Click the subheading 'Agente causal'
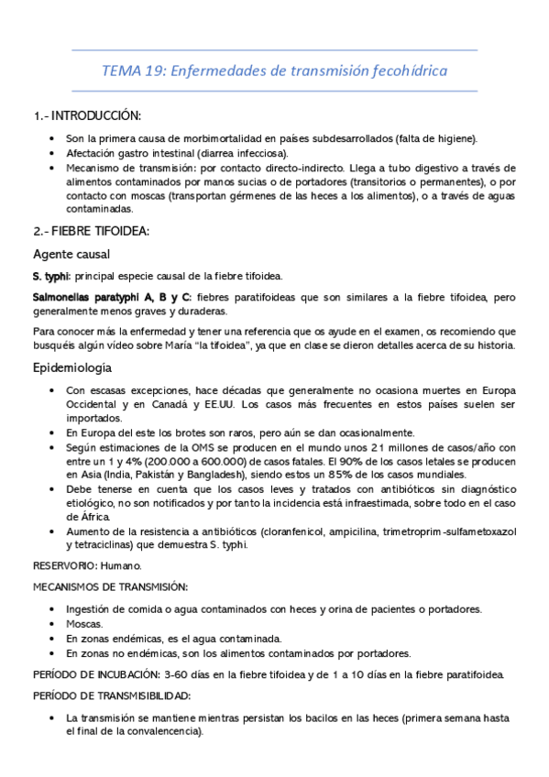71,253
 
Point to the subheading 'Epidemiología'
72,367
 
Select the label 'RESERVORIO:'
63,566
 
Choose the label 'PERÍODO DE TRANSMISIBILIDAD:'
103,696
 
